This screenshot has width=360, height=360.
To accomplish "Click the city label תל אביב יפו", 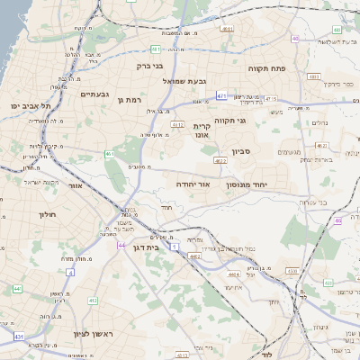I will pos(31,106).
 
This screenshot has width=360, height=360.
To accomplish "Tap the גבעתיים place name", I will pos(94,94).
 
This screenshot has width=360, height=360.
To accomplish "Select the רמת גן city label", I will pos(130,99).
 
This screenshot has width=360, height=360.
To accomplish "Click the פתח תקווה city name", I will pos(266,67).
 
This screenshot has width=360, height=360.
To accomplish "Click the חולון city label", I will pos(47,215).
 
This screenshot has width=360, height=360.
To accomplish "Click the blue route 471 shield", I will pos(221,94).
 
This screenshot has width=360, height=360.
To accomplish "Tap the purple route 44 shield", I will pos(120,245).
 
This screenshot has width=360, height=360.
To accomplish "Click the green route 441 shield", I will pos(17,288).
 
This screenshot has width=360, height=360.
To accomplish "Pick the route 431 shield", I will pos(19,336).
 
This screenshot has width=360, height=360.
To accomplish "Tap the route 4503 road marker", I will pos(291,269).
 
